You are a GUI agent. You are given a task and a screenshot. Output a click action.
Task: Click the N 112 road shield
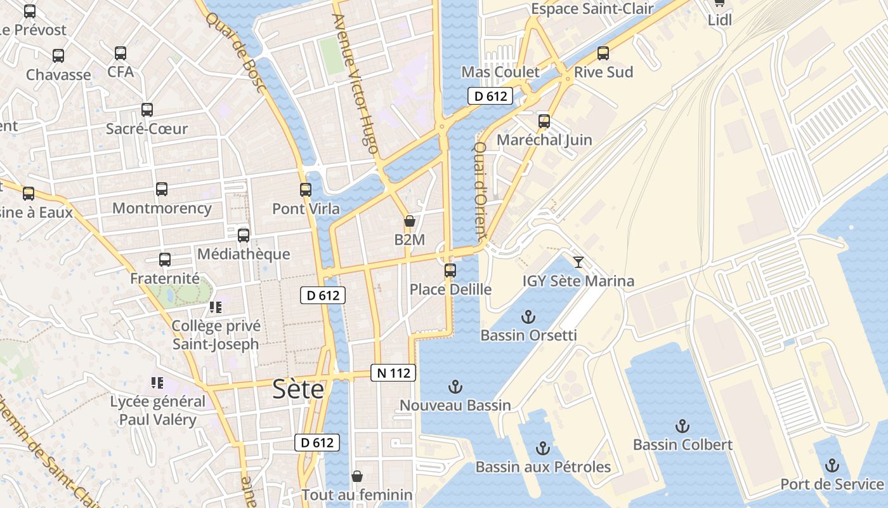393,373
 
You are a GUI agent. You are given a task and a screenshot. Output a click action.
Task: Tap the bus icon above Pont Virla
306,189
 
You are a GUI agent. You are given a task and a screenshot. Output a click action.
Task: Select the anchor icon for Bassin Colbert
682,425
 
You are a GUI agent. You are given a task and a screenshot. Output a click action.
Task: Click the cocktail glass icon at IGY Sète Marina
578,262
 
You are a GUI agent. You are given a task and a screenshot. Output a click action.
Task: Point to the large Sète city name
298,389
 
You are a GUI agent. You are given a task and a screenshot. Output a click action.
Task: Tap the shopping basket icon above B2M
410,221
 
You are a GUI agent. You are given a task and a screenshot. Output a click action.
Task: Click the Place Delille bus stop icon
450,271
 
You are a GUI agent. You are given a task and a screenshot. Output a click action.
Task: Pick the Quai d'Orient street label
480,189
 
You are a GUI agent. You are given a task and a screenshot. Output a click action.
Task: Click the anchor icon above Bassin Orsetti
528,316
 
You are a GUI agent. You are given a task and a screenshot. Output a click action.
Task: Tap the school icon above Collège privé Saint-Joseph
216,307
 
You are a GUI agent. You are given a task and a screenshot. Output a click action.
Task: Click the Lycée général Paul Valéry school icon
157,383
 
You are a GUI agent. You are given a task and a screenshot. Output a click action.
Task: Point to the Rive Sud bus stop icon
603,53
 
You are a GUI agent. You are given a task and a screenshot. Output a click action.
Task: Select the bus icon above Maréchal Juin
544,121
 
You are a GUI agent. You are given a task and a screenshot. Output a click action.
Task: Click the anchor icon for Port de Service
832,465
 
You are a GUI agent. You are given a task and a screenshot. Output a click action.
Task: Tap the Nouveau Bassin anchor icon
455,386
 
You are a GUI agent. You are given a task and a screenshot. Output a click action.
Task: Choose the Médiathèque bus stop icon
244,236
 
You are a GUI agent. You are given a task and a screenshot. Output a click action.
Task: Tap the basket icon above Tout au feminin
357,476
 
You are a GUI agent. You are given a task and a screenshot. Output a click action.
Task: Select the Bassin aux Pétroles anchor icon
542,448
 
